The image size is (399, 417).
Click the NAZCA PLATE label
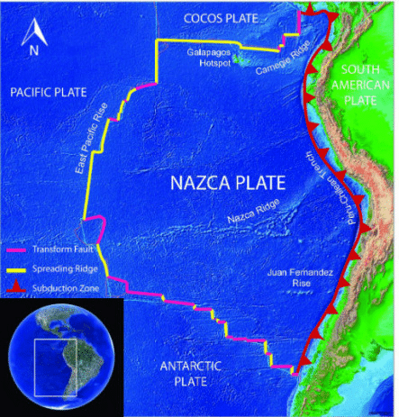pos(224,185)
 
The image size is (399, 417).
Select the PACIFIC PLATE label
pos(44,92)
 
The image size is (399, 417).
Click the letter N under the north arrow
pos(33,50)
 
